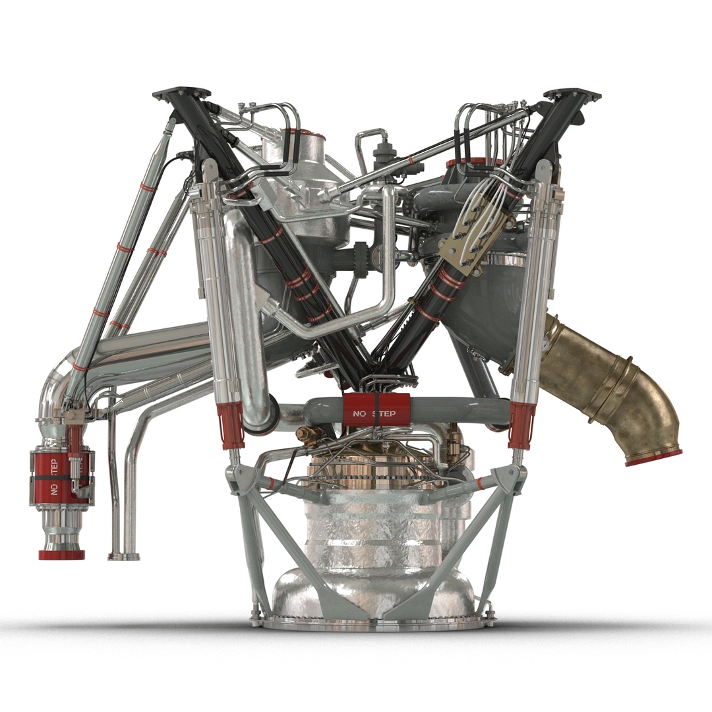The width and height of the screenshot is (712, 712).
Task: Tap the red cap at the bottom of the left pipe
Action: point(61,554)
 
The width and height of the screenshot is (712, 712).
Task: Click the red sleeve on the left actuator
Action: point(230,425)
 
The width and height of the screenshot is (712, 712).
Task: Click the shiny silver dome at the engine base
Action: point(372,590)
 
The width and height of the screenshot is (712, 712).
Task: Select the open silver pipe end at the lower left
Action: point(124,556)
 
